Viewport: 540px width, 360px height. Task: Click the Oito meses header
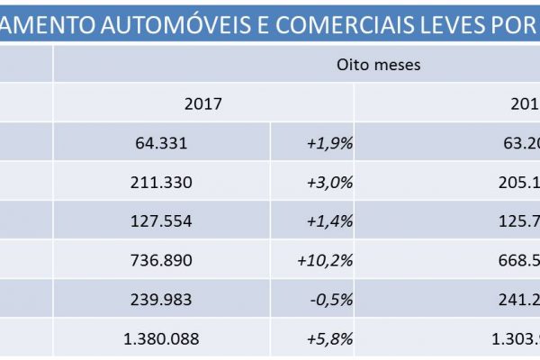click(378, 65)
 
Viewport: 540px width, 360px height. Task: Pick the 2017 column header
click(202, 103)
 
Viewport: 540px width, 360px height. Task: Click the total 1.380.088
click(160, 339)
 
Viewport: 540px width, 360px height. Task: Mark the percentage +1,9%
click(330, 142)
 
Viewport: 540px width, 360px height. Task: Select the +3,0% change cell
click(330, 181)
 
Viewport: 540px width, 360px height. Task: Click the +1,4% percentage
click(330, 220)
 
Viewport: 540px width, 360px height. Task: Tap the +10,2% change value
click(325, 260)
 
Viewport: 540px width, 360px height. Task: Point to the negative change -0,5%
click(330, 300)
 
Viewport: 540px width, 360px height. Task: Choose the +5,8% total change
click(330, 339)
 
